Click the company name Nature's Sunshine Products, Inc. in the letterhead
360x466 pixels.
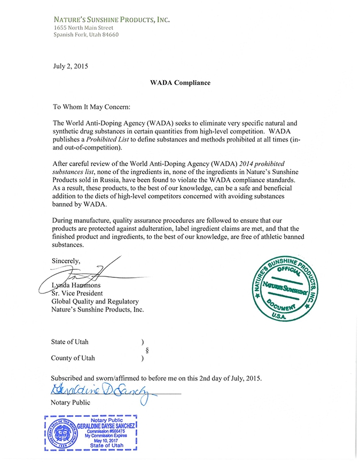tap(111, 20)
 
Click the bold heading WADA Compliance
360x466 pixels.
tap(179, 83)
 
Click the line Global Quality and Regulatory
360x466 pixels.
tap(95, 301)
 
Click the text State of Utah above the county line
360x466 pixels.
tap(70, 341)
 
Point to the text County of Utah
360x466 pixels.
tap(73, 358)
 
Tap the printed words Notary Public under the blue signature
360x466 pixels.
tap(71, 402)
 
